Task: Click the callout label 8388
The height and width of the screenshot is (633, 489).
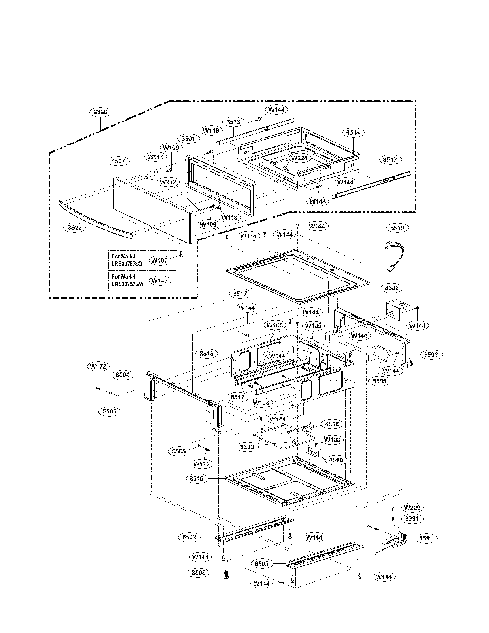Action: click(100, 112)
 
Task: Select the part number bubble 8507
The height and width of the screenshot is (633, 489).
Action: click(118, 161)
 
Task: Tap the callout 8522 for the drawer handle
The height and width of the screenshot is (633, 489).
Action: click(75, 228)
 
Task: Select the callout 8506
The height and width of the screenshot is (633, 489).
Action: click(392, 288)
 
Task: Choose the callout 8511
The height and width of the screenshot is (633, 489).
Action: click(425, 538)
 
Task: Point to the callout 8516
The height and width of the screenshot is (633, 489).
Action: click(197, 478)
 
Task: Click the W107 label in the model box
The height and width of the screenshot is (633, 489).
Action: click(159, 260)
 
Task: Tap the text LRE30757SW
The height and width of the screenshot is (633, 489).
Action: click(127, 284)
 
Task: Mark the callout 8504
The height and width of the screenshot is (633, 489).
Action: click(122, 374)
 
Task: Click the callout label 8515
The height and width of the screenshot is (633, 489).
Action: click(207, 353)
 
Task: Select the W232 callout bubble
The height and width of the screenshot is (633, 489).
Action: click(168, 182)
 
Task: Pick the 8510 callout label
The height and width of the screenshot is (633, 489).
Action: click(335, 460)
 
